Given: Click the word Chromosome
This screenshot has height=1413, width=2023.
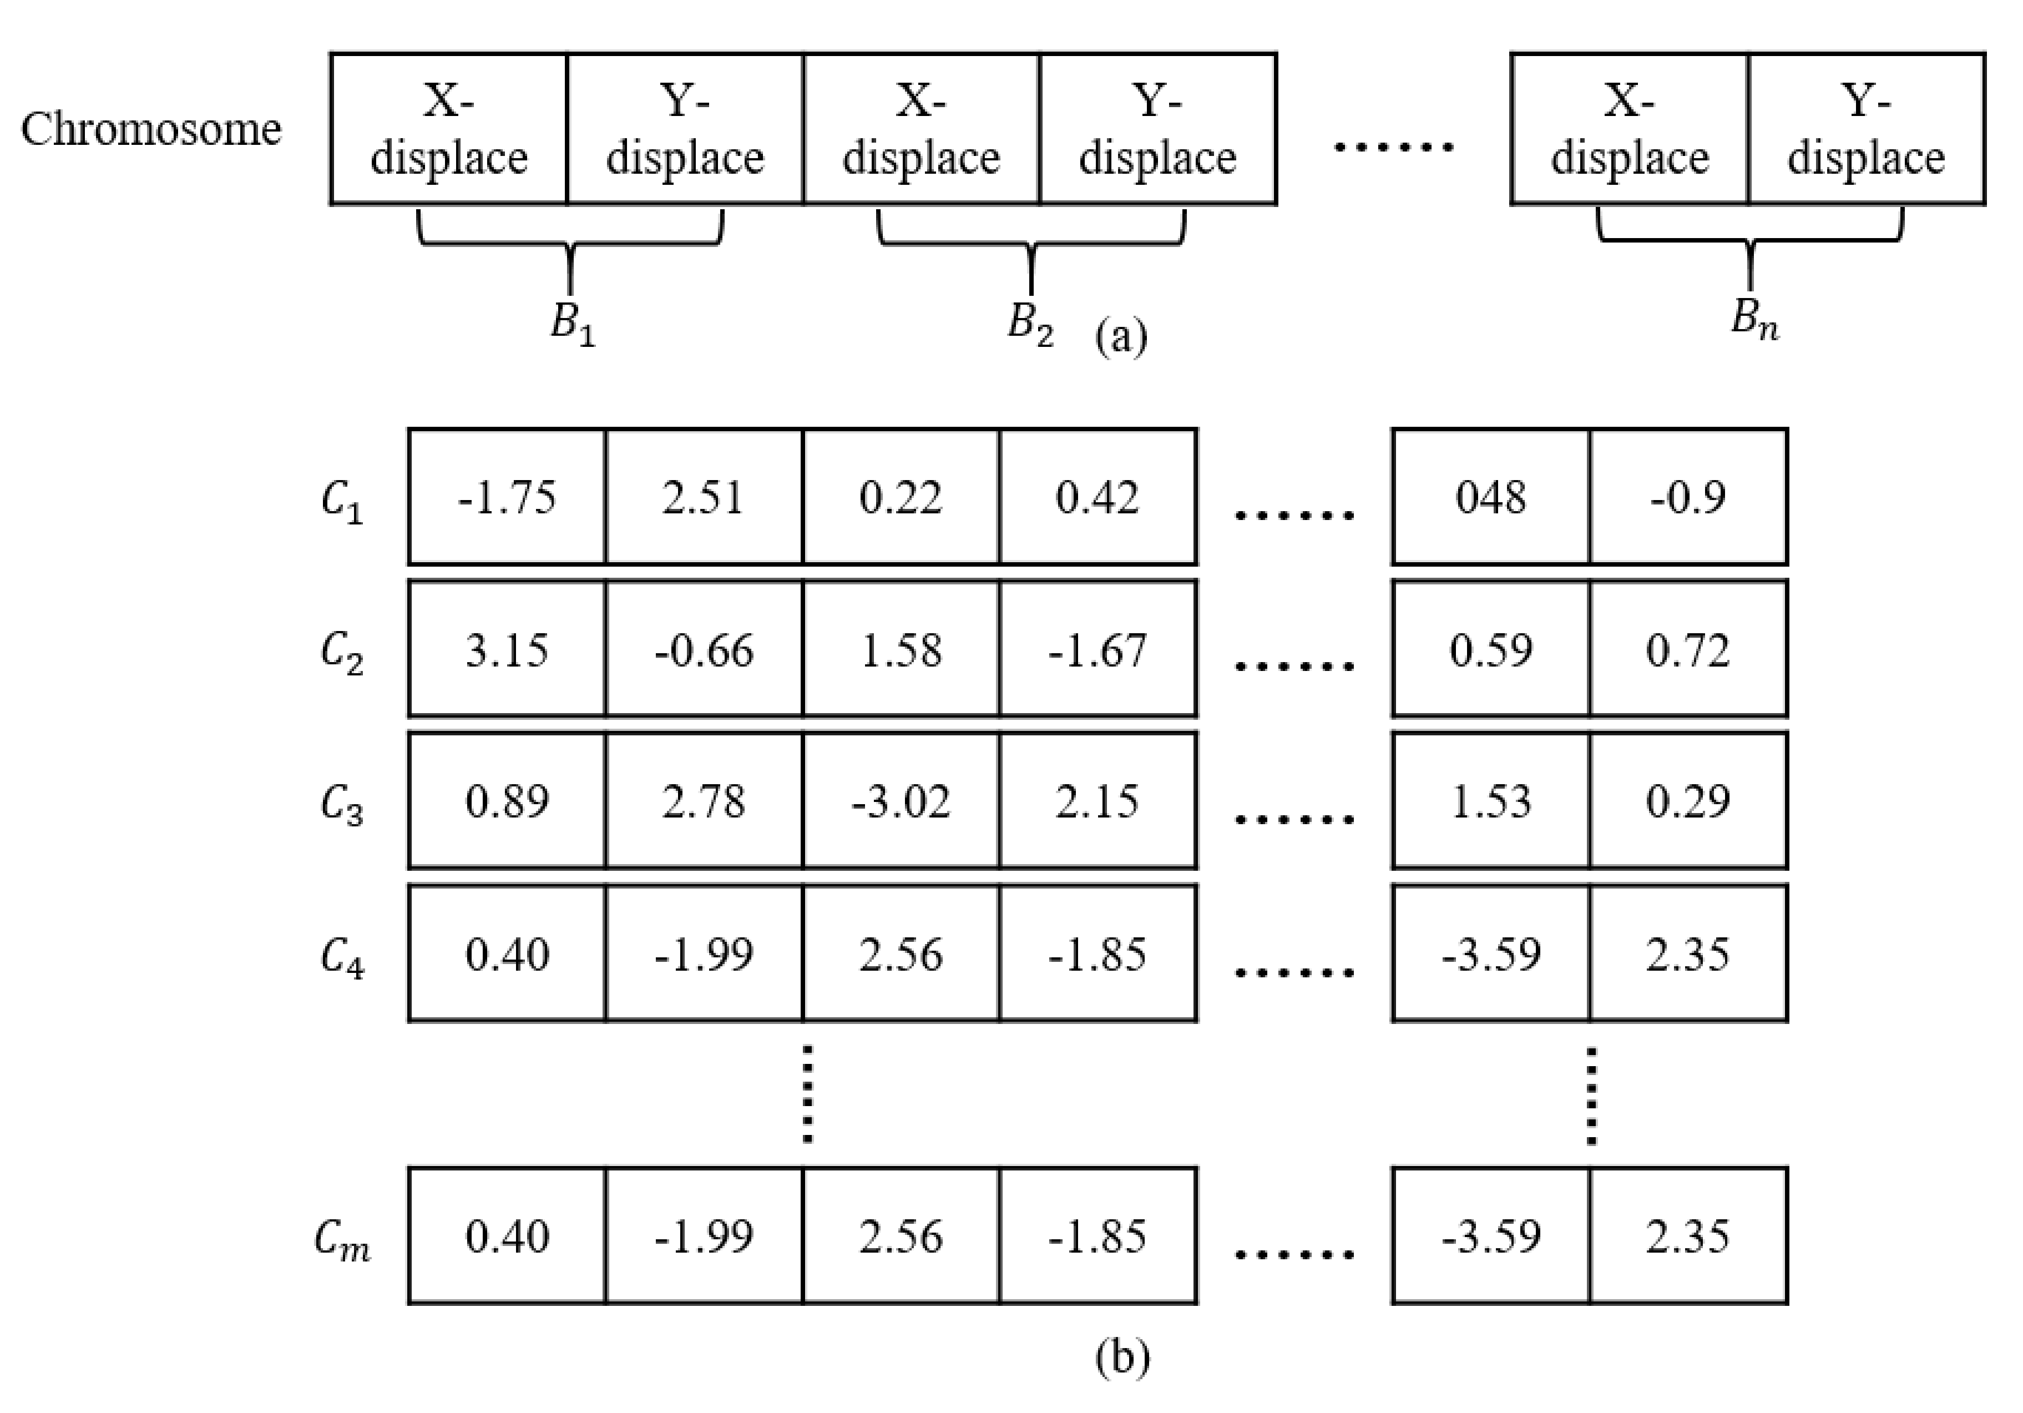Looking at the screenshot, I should tap(151, 129).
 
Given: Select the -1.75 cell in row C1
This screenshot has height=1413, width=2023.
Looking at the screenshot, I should tap(507, 497).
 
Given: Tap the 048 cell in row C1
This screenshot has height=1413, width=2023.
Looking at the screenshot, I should tap(1491, 497).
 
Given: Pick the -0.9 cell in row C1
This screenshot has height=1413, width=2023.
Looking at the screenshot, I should tap(1688, 497).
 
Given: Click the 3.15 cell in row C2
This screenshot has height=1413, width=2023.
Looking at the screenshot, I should tap(507, 650).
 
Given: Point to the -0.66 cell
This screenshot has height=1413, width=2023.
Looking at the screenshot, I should tap(704, 650).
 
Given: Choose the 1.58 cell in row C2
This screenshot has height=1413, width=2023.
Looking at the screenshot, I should tap(901, 650).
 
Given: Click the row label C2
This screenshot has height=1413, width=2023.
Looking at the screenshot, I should tap(342, 653).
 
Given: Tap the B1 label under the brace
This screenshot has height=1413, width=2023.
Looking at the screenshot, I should tap(573, 324).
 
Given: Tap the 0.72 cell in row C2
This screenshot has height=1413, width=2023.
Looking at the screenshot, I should tap(1688, 650).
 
